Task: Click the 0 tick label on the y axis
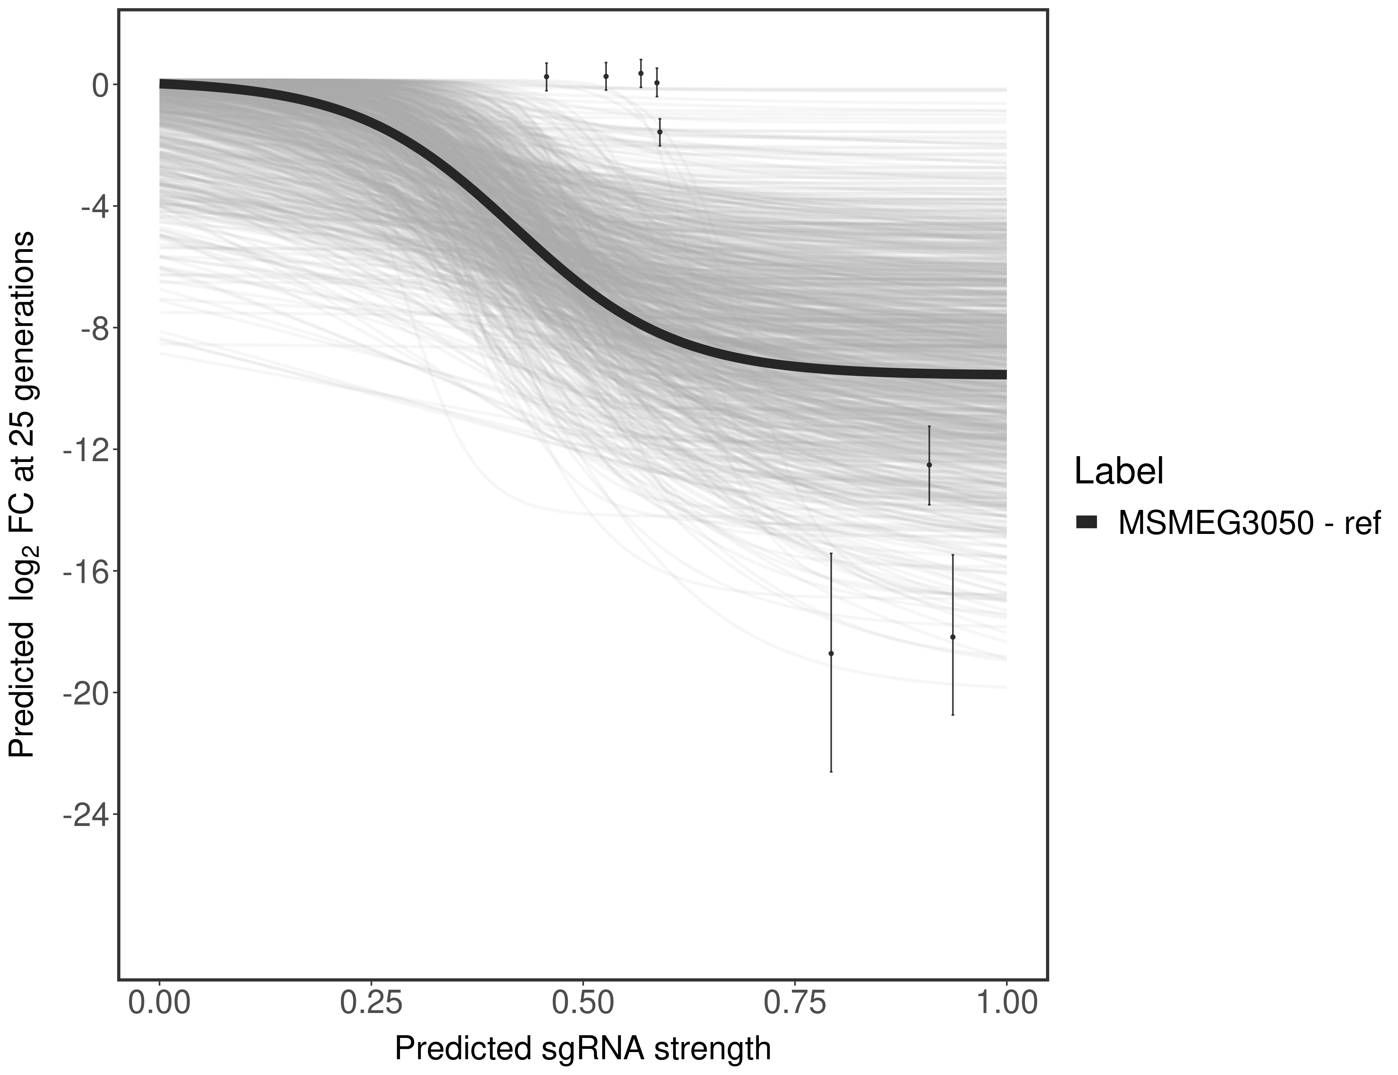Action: (100, 85)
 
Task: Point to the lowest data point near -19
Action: (831, 653)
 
